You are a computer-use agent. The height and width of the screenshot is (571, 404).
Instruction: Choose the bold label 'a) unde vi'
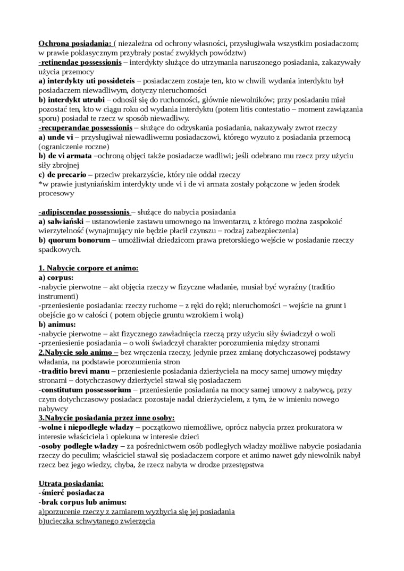coord(56,137)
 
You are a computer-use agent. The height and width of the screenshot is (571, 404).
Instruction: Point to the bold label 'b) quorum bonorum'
coord(74,240)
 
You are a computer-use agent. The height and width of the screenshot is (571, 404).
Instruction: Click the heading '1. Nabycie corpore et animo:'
coord(88,268)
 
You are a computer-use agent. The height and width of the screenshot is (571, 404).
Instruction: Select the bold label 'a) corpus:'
coord(56,278)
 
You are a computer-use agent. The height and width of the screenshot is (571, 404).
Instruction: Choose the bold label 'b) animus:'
coord(57,324)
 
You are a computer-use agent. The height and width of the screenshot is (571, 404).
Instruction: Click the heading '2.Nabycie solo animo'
coord(78,352)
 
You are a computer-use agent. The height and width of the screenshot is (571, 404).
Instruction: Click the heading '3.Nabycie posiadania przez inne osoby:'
coord(106,418)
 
